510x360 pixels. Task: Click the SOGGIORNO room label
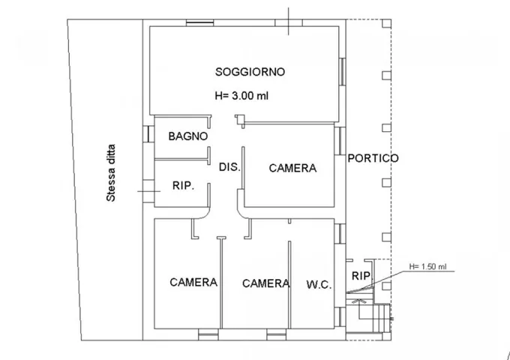click(x=250, y=71)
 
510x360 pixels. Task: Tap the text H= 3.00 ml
click(x=241, y=95)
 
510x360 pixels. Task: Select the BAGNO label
click(x=188, y=136)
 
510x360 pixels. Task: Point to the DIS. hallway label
click(x=229, y=167)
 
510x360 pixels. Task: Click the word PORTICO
click(x=373, y=158)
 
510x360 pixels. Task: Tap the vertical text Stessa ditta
click(x=111, y=173)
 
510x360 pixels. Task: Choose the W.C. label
click(x=319, y=285)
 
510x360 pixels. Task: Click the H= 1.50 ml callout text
click(x=427, y=267)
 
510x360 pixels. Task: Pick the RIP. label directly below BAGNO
click(x=183, y=186)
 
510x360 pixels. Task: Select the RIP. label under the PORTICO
click(x=361, y=276)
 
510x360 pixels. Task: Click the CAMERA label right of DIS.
click(x=292, y=168)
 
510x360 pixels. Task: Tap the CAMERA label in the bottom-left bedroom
click(x=193, y=282)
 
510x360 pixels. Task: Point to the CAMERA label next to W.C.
click(x=266, y=283)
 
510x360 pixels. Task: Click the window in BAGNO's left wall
click(x=148, y=134)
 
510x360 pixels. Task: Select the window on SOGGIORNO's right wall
click(x=342, y=71)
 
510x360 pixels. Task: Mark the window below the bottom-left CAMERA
click(x=208, y=334)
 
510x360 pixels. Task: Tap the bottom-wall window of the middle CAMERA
click(x=277, y=334)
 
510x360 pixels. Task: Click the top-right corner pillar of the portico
click(x=387, y=23)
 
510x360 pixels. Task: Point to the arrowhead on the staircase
click(x=359, y=301)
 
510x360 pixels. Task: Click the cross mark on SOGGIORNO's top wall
click(x=289, y=22)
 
